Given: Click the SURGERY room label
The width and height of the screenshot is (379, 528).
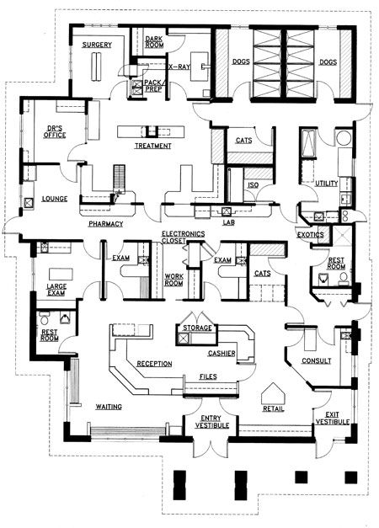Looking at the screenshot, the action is [x=97, y=45].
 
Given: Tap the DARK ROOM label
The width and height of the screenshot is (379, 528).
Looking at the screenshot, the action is [x=154, y=42].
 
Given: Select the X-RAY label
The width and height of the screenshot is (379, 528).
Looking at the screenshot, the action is [x=179, y=67].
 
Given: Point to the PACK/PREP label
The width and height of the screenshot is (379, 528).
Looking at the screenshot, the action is [x=153, y=86].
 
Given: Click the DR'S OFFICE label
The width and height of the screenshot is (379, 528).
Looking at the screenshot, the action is [x=55, y=131].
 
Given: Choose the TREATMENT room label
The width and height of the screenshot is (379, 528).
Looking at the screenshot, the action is [x=153, y=146].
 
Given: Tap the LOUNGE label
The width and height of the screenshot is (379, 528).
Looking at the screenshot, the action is [x=55, y=199].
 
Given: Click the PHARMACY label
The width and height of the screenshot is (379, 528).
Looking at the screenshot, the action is [x=106, y=224].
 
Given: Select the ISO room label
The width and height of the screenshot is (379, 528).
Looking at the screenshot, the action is [x=254, y=185].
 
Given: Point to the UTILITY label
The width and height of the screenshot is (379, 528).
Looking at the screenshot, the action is [x=327, y=184].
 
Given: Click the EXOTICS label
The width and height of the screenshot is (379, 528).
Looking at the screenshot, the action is [x=310, y=235].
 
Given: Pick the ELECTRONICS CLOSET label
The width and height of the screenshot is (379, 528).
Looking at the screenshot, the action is [x=183, y=237].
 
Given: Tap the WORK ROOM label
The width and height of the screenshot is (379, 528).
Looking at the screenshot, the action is [x=173, y=280].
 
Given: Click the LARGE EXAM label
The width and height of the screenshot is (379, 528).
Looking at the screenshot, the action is [x=56, y=290].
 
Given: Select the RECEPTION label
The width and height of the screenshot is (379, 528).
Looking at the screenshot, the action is [x=154, y=364].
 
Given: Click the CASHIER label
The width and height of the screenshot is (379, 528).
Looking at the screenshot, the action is [x=222, y=353].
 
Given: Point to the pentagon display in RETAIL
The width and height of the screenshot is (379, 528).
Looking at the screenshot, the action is [x=273, y=393].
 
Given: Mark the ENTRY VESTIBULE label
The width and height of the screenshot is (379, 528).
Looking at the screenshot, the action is [x=212, y=422].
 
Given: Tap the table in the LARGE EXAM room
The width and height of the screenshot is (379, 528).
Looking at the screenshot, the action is [x=61, y=274].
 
